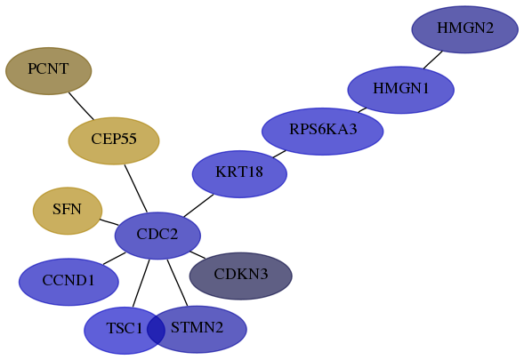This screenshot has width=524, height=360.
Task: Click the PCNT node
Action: point(48,71)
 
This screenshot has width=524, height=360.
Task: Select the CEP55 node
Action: point(114,140)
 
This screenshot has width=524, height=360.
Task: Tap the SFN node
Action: point(68,211)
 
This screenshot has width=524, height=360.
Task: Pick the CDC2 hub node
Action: point(157,236)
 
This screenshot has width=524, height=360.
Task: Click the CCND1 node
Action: point(69,282)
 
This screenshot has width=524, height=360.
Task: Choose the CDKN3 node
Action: point(241,276)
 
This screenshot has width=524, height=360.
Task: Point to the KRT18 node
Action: point(239,173)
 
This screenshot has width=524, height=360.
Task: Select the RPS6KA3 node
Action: point(322,132)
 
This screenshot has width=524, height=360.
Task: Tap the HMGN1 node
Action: point(401,90)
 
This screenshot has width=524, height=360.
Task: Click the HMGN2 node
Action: point(465,29)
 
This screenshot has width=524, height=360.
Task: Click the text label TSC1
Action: point(125,328)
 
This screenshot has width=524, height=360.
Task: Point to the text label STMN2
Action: point(197,327)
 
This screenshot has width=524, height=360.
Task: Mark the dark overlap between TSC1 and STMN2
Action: point(156,330)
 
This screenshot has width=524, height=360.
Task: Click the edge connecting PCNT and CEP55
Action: point(81,106)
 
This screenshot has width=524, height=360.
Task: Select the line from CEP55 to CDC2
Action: point(136,188)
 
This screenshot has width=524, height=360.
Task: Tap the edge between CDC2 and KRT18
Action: point(198,205)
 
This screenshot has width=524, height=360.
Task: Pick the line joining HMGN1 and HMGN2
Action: point(433,60)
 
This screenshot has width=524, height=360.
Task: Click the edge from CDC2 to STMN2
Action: point(177,283)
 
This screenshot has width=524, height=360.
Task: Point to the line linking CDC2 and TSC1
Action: point(141,283)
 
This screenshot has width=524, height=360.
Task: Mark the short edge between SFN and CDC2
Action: point(109,222)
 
